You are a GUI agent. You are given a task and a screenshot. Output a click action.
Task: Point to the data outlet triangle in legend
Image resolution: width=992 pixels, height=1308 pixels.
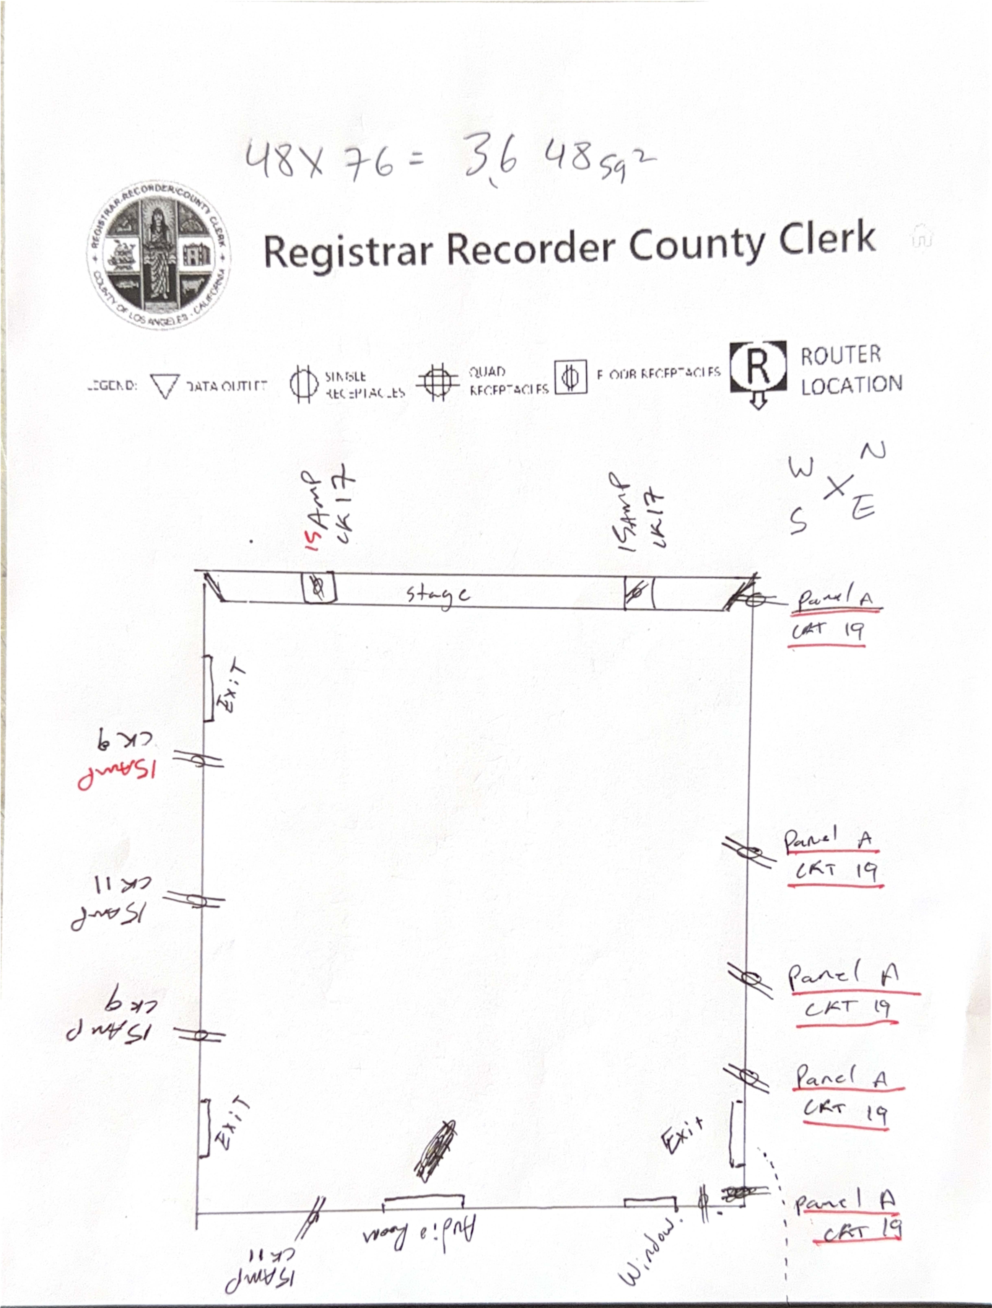[x=164, y=386]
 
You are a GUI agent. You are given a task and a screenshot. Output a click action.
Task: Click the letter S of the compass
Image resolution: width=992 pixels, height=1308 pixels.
[x=798, y=520]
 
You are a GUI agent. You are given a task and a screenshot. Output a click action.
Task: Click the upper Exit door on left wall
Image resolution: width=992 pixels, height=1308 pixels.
[x=208, y=689]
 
